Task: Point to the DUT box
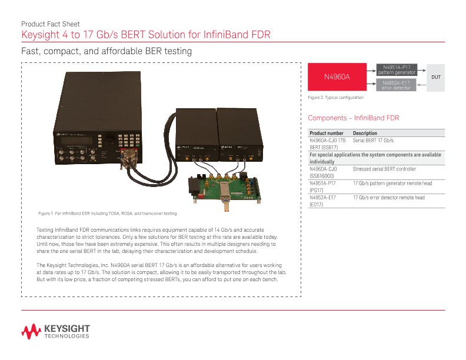point(436,77)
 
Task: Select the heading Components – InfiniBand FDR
point(349,118)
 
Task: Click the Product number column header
point(327,134)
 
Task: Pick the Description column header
point(365,134)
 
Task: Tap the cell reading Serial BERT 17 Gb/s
point(372,141)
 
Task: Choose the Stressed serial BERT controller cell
point(384,169)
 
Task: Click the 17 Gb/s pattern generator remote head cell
point(392,184)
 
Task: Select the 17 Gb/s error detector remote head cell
point(388,198)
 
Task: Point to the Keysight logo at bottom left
point(56,331)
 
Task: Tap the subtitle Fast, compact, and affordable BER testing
point(106,52)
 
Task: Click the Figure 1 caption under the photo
point(108,212)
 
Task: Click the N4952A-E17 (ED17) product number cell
point(323,201)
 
